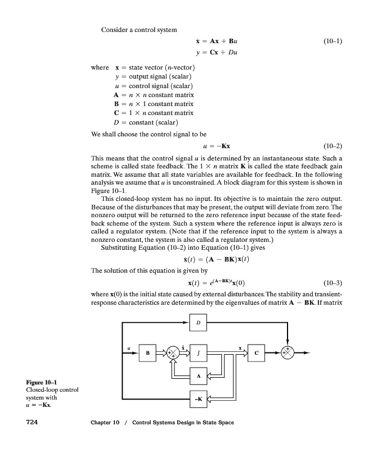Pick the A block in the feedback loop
[x=199, y=375]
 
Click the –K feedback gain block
[x=199, y=398]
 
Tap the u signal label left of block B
[x=129, y=348]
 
